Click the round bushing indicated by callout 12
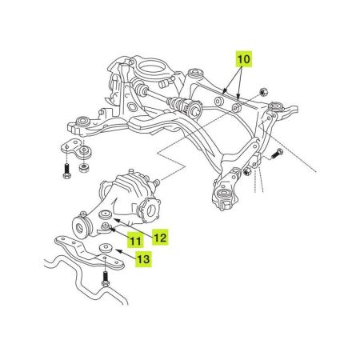click(106, 215)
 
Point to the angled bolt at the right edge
click(278, 154)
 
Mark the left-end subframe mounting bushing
click(80, 123)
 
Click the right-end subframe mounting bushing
click(278, 108)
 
